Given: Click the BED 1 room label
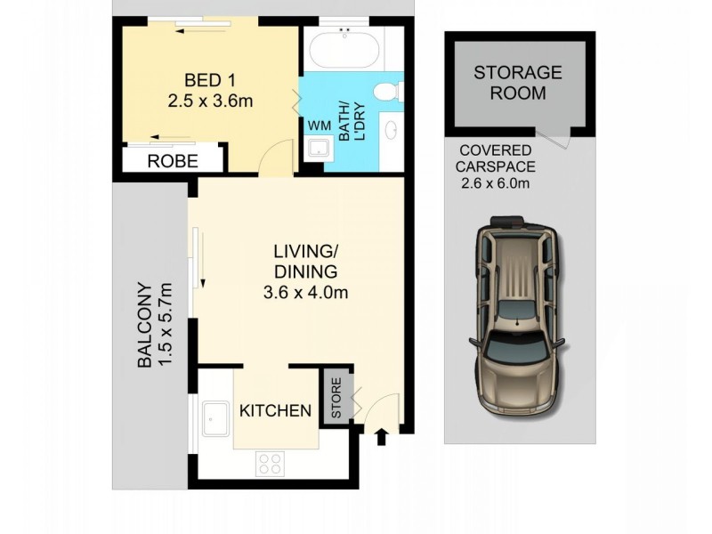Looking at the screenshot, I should [x=210, y=79].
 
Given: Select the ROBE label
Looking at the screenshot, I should [x=173, y=162].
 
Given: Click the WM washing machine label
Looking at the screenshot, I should [x=319, y=125].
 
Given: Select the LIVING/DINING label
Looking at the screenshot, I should [x=304, y=262].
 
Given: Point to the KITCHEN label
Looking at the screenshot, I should [x=275, y=410].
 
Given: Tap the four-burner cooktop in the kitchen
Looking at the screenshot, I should [x=270, y=464].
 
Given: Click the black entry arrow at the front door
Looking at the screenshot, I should [x=383, y=436].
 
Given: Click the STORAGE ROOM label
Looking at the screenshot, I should [x=517, y=82].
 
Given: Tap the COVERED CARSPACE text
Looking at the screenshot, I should [x=496, y=159].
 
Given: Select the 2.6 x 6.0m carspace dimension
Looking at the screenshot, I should [x=496, y=184].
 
